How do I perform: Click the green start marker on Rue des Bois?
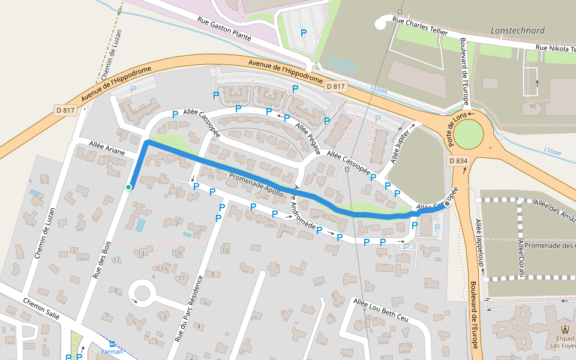click(x=128, y=187)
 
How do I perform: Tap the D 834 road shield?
click(x=458, y=161)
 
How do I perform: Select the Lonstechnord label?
click(x=517, y=30)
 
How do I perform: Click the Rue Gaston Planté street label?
click(x=224, y=28)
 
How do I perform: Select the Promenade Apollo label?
click(x=256, y=185)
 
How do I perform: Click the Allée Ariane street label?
click(x=106, y=148)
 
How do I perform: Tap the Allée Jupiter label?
click(x=403, y=144)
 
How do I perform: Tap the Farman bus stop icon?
click(x=112, y=344)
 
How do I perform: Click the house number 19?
click(x=178, y=253)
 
